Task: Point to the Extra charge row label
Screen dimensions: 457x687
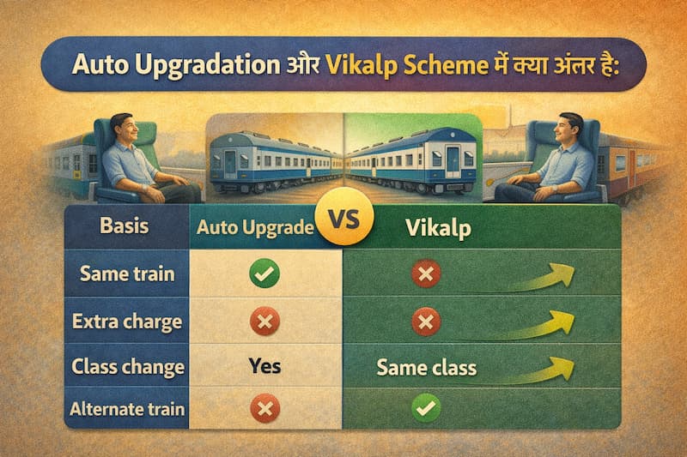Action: (127, 322)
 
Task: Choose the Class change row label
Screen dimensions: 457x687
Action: (128, 367)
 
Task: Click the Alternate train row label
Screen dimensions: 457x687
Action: (127, 409)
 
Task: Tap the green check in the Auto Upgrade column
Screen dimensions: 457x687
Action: (264, 275)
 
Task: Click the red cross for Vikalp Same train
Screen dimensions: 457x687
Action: (426, 274)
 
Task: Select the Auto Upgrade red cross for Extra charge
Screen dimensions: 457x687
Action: (264, 322)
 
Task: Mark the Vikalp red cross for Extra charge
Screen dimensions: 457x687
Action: (426, 322)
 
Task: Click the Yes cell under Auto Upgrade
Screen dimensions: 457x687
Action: (264, 367)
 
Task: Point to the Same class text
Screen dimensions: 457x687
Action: (426, 369)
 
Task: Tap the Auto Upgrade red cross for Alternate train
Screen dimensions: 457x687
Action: (264, 410)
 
